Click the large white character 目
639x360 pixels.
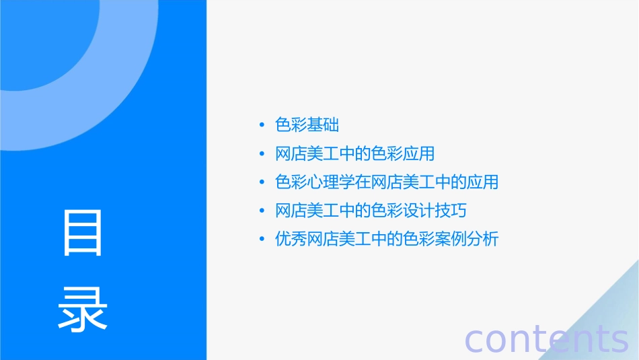83,232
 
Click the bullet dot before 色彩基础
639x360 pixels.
262,125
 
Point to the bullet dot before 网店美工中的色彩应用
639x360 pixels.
262,154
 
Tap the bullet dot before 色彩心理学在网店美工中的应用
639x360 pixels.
262,182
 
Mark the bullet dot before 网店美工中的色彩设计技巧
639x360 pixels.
262,211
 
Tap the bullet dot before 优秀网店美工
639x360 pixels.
262,239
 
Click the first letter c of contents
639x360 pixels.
474,340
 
